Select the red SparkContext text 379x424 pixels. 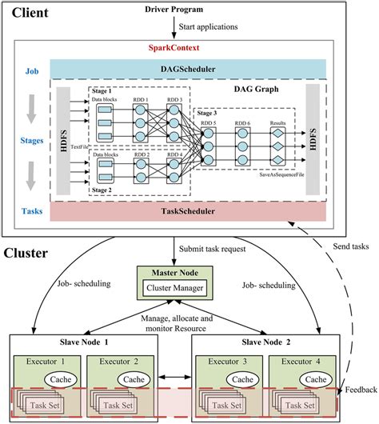[189, 48]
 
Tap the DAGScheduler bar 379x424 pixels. [189, 70]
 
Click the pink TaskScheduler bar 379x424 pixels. [189, 211]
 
